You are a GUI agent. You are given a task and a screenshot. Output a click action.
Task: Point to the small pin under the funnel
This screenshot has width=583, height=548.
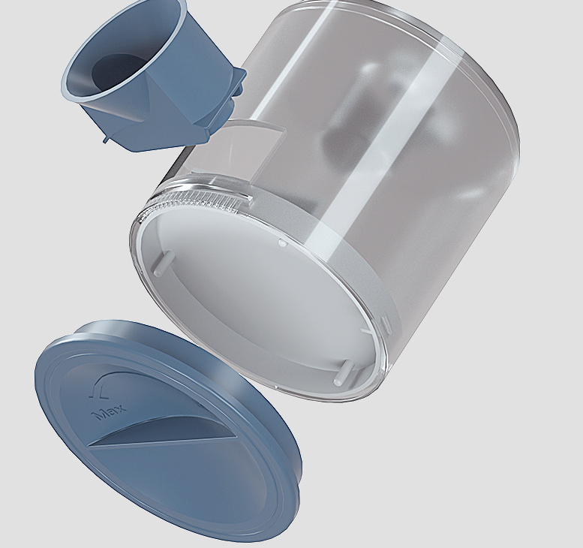(107, 140)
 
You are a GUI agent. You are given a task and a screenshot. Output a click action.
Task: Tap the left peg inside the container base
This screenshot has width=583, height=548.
(163, 263)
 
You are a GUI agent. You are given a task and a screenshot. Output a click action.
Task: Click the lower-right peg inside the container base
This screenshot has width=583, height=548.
(344, 373)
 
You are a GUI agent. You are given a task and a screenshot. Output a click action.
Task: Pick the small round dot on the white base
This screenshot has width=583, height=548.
(282, 243)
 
